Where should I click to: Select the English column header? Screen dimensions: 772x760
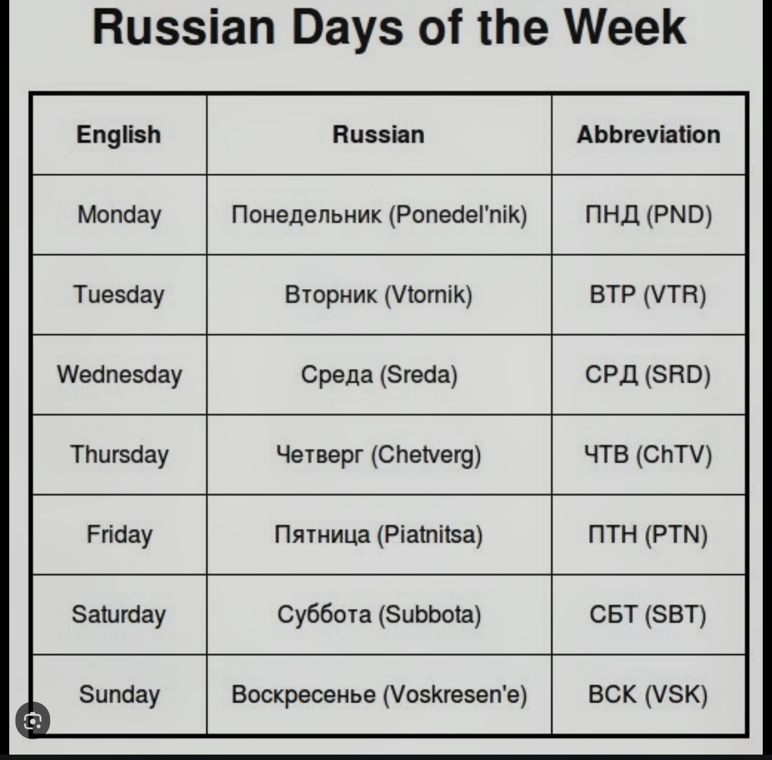coord(119,134)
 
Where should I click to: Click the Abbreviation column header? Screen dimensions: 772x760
coord(649,134)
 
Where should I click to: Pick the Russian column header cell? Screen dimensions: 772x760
coord(379,134)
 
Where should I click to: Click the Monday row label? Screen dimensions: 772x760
coord(119,215)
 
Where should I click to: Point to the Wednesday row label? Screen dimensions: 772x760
coord(119,375)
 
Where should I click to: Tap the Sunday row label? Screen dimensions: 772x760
coord(119,694)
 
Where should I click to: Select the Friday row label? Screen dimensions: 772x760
coord(119,534)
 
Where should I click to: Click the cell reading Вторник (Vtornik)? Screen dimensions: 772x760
coord(379,295)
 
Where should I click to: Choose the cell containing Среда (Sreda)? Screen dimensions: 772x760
coord(379,375)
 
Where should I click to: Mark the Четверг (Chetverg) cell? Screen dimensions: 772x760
coord(379,455)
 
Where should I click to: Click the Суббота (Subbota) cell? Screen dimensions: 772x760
coord(379,614)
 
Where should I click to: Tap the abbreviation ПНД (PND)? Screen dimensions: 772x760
coord(648,215)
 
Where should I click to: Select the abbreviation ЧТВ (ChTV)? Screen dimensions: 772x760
coord(648,455)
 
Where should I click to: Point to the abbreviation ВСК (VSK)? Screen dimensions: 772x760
coord(648,694)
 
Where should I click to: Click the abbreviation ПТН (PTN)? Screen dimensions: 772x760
coord(648,534)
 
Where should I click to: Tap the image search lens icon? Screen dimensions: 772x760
coord(33,721)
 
